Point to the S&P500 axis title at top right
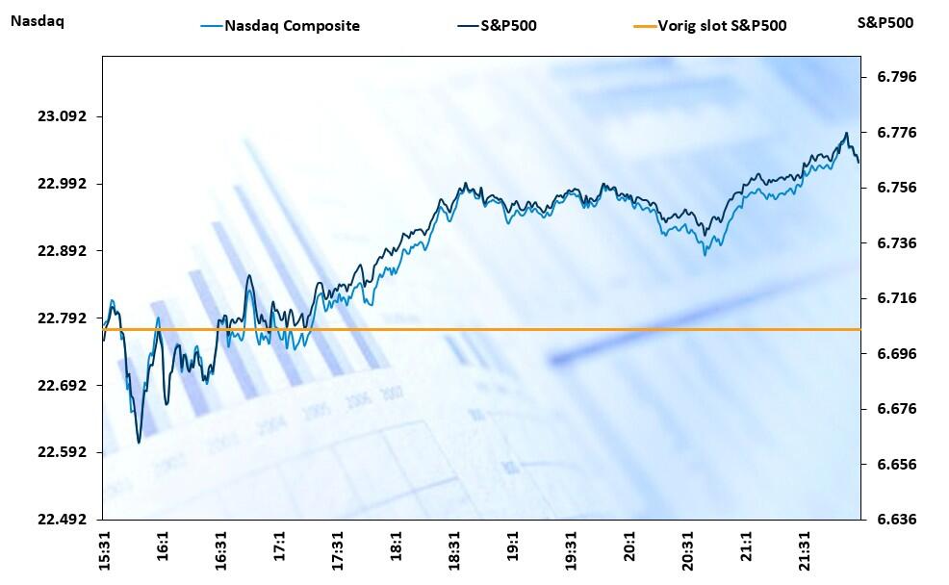point(885,22)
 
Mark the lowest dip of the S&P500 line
point(139,443)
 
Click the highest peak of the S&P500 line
point(846,133)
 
